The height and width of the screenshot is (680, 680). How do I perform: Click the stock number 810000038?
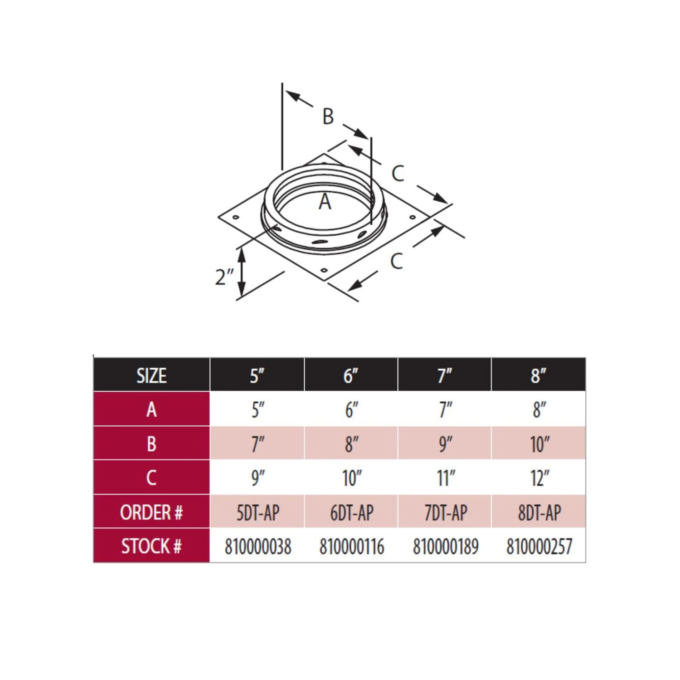click(257, 546)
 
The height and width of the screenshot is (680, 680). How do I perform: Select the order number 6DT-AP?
click(352, 513)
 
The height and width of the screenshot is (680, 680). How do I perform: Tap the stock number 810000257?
click(539, 546)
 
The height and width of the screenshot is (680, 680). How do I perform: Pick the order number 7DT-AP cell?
click(446, 513)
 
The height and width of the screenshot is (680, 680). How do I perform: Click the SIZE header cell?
click(151, 375)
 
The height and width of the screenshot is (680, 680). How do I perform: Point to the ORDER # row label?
click(151, 513)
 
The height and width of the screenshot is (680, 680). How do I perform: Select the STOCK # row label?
click(151, 546)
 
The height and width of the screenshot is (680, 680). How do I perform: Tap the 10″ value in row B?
click(539, 444)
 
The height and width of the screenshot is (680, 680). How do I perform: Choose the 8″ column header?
click(539, 375)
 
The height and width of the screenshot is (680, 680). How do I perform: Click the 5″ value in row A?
click(257, 410)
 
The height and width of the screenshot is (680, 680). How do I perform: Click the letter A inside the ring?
click(325, 202)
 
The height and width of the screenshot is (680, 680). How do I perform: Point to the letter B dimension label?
click(328, 116)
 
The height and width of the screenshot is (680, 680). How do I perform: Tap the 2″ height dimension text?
click(224, 277)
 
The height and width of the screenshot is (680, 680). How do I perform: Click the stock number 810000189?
click(446, 546)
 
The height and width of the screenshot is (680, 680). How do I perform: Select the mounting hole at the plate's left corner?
click(236, 217)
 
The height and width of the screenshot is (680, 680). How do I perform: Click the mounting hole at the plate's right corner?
click(413, 217)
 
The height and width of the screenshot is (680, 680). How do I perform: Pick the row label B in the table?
click(151, 444)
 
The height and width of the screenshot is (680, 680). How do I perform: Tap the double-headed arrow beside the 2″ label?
click(242, 272)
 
